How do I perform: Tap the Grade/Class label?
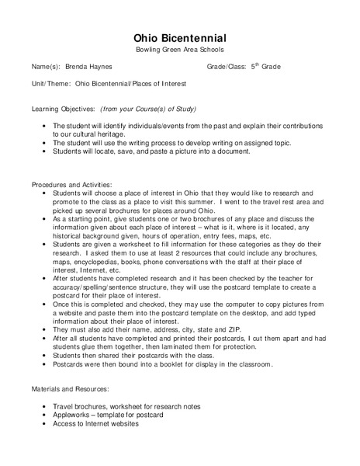[226, 67]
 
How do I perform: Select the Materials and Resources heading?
[71, 388]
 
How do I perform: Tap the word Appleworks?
[73, 416]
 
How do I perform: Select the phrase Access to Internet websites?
[95, 424]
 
